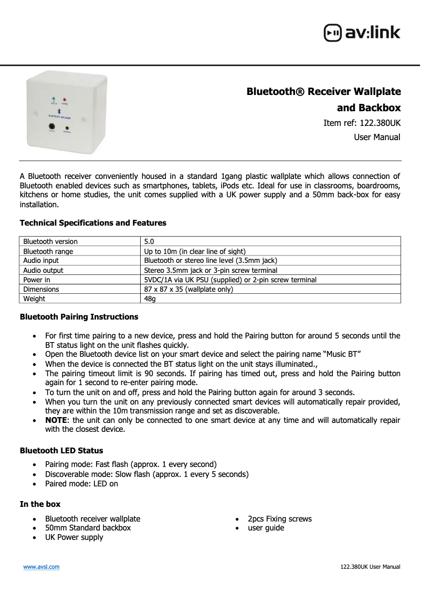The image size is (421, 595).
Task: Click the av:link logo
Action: coord(362,33)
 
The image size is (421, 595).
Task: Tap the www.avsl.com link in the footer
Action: coord(40,567)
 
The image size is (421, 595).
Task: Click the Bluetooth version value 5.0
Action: coord(149,242)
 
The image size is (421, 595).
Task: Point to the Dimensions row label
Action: coord(41,289)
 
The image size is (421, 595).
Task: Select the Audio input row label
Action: coord(41,261)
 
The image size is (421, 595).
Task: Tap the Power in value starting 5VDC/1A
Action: coord(230,280)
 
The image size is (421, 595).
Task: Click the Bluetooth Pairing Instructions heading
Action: coord(79,317)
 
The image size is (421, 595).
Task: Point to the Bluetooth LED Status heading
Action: coord(61,451)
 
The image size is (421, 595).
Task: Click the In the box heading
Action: coord(40,504)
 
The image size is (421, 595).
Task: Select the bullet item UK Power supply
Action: coord(74,537)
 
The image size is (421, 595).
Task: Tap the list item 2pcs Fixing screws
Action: coord(279,519)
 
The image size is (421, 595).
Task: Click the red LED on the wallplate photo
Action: coord(65,99)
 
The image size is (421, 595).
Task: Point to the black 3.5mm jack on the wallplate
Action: coord(52,126)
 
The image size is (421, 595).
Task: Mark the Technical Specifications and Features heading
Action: coord(93,223)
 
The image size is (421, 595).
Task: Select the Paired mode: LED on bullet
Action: coord(81,484)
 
